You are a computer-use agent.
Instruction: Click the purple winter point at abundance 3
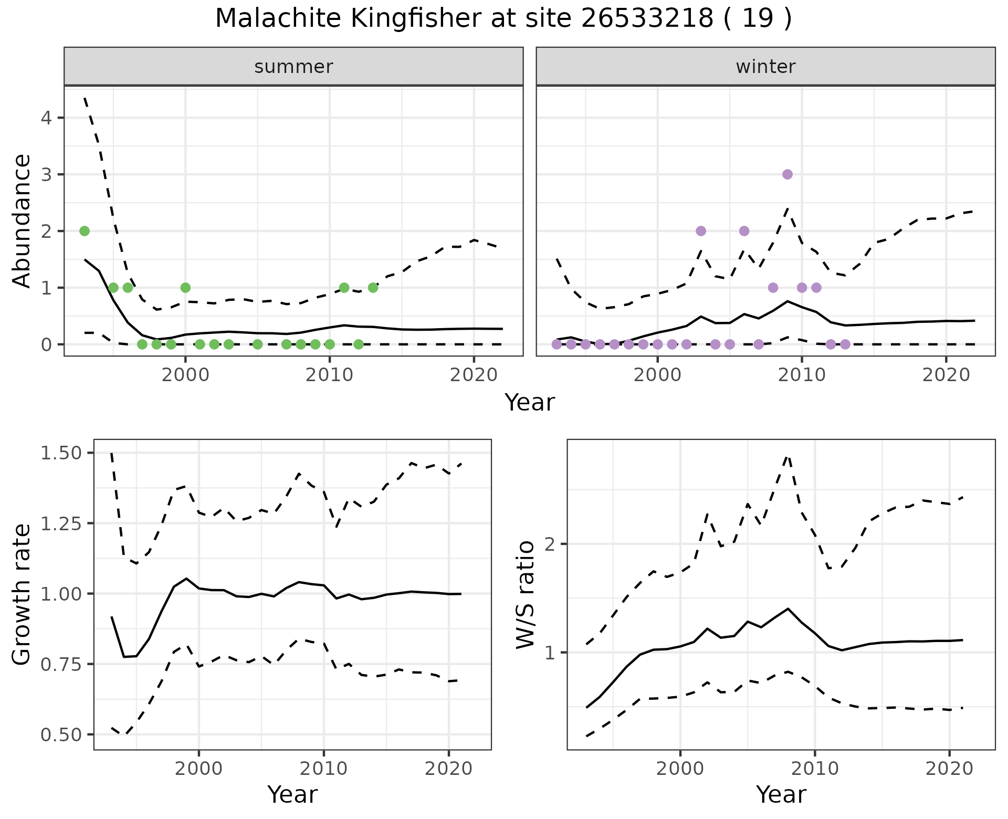tap(787, 174)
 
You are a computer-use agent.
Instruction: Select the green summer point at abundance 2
tap(85, 231)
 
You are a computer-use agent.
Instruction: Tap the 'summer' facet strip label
tap(293, 67)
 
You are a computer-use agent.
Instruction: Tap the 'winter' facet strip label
tap(765, 67)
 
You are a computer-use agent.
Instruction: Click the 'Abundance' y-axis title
tap(22, 220)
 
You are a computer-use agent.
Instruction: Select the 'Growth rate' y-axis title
tap(22, 594)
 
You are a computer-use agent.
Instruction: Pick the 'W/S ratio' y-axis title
tap(525, 594)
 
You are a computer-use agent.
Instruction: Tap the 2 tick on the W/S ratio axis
tap(550, 544)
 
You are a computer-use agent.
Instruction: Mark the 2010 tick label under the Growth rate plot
tap(323, 769)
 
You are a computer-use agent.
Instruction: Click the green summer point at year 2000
tap(185, 288)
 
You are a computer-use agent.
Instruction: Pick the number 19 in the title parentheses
tap(758, 19)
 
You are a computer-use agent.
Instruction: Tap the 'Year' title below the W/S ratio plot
tap(781, 795)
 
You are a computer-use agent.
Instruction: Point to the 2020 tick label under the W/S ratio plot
tap(949, 769)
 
